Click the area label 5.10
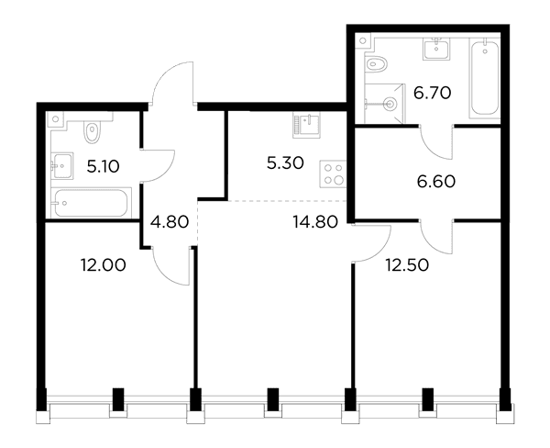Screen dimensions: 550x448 click(x=103, y=166)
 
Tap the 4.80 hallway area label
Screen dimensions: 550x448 click(x=170, y=222)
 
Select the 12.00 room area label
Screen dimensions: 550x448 click(x=103, y=265)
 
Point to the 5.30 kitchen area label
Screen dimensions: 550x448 click(x=285, y=163)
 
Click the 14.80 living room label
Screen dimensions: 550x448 click(x=315, y=222)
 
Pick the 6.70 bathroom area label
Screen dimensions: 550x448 click(x=432, y=93)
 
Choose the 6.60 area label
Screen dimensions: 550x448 click(x=436, y=182)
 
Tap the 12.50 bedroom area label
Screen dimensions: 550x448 click(x=407, y=265)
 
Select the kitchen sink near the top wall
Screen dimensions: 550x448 click(x=306, y=125)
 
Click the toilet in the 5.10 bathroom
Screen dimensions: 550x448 click(x=93, y=131)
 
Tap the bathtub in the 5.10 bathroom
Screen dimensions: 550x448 click(x=91, y=203)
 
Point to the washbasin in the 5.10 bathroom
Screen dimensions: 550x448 click(x=62, y=165)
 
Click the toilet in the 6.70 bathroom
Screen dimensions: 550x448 click(x=377, y=64)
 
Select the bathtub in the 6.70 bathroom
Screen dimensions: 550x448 click(x=485, y=78)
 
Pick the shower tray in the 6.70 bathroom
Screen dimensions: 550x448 click(x=384, y=104)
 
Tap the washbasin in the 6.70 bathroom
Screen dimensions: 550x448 click(x=436, y=49)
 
